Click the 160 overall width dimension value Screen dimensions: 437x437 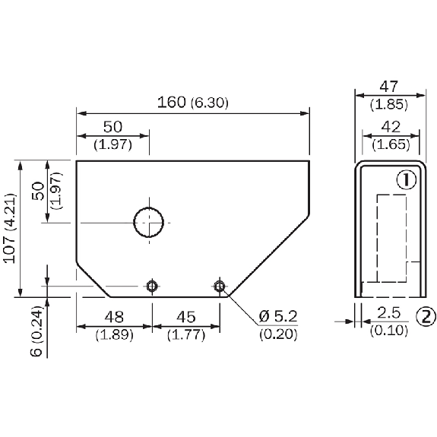point(172,103)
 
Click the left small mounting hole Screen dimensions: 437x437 point(152,287)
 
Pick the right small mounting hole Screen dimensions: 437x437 point(220,287)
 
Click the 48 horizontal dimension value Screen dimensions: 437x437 point(114,317)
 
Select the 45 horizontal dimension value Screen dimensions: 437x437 point(186,317)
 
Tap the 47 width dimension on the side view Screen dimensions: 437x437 point(388,87)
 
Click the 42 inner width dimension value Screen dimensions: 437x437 point(391,127)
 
